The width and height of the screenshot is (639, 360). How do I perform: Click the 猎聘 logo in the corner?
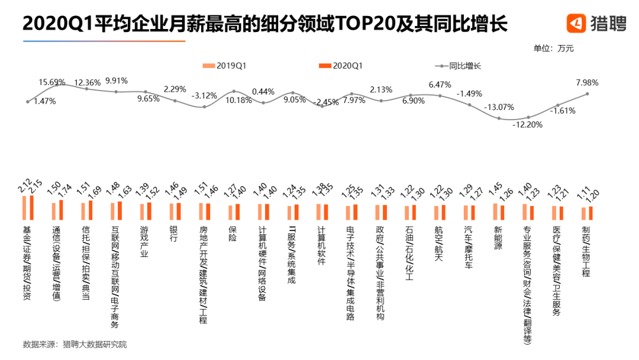595,24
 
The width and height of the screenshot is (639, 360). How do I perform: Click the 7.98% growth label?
587,82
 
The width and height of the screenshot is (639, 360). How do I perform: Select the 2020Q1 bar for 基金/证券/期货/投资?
32,208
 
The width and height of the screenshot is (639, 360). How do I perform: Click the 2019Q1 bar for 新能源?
495,212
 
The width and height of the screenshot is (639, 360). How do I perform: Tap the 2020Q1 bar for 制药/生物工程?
590,213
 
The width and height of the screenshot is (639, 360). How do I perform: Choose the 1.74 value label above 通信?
63,190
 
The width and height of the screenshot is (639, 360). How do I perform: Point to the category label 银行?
173,234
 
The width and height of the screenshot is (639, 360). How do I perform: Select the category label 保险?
233,234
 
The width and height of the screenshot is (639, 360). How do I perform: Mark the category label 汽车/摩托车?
469,247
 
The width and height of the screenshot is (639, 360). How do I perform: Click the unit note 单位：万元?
553,48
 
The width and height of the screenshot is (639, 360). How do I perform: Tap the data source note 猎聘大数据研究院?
95,344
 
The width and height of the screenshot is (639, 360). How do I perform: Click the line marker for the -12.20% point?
528,117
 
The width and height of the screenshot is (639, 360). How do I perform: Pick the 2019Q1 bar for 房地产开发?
201,211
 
